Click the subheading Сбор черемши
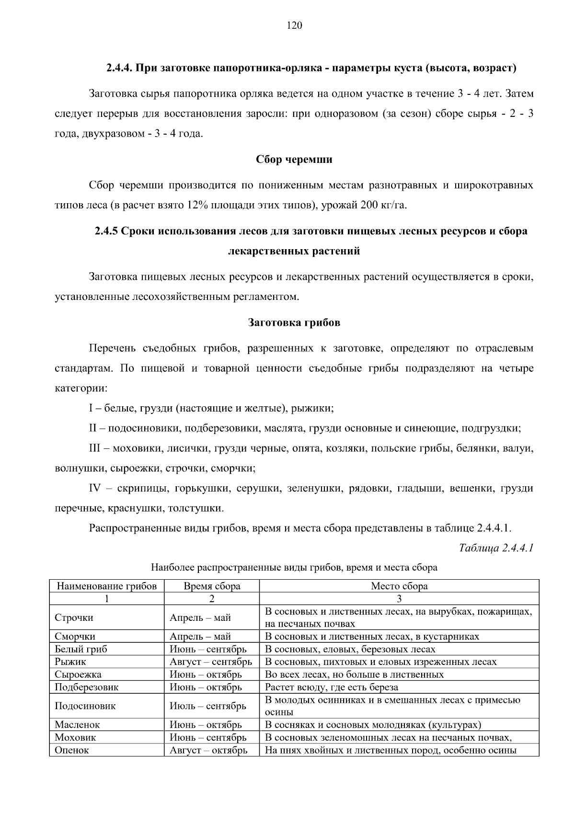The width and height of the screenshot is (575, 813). (294, 160)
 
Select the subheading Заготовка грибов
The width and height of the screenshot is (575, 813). (294, 322)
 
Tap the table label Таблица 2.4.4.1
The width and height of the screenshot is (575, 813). (496, 548)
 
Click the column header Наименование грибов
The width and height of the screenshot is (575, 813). (106, 586)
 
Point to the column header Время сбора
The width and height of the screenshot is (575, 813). (212, 586)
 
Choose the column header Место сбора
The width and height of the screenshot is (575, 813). (399, 586)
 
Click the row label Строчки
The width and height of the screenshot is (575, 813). (74, 618)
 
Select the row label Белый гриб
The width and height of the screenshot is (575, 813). (81, 649)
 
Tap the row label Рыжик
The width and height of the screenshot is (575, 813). (70, 662)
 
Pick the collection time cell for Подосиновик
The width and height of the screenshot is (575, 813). (208, 706)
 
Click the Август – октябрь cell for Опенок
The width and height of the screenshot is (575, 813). (208, 750)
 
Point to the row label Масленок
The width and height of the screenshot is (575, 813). (77, 725)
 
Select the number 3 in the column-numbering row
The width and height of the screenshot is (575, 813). (399, 598)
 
